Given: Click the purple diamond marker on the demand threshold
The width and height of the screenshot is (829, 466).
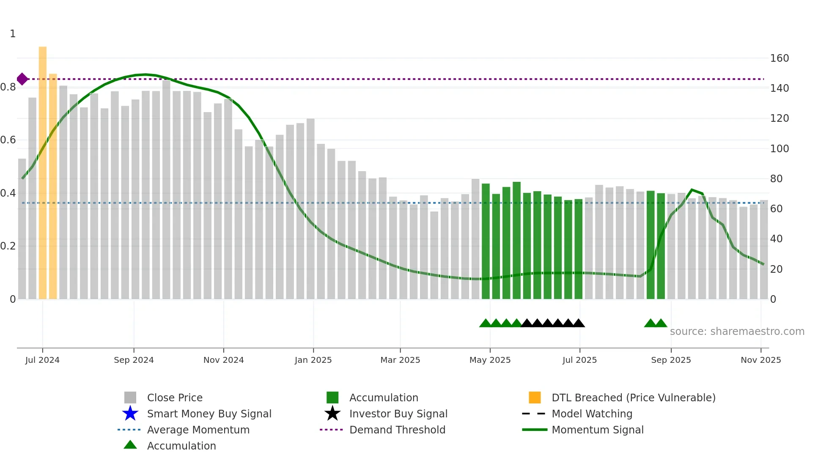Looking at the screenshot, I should [x=22, y=79].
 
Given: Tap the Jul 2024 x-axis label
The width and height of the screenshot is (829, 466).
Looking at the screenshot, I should [x=42, y=360].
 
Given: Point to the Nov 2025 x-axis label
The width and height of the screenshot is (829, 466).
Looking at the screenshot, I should [x=760, y=360].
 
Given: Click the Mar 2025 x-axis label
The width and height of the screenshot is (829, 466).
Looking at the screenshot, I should [x=400, y=360].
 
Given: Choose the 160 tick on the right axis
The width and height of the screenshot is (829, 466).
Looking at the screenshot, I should [x=779, y=58].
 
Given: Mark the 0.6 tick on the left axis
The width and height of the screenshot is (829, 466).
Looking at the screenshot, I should [x=8, y=140].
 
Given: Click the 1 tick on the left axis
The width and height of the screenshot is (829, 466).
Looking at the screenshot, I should [x=13, y=34].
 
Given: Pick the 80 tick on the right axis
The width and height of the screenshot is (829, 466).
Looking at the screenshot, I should [x=776, y=179].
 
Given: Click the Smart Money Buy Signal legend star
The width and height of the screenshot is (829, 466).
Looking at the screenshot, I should [x=130, y=414].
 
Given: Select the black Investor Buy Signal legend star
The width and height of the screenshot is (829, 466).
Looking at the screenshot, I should [x=332, y=414].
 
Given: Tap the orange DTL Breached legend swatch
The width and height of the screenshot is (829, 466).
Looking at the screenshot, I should [x=535, y=397].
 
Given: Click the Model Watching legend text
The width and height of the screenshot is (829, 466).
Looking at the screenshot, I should [x=592, y=414].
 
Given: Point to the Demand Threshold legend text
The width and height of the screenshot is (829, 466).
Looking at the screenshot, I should [x=397, y=430].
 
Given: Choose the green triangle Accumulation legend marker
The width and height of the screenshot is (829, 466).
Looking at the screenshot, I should [x=130, y=445].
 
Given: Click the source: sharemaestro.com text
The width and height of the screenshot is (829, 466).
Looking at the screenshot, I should [x=737, y=332].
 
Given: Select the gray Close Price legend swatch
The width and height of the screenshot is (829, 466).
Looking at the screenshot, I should [x=130, y=397].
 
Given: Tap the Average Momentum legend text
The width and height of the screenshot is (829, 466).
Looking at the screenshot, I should [x=198, y=430].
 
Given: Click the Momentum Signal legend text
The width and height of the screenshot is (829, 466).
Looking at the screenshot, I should [x=597, y=430].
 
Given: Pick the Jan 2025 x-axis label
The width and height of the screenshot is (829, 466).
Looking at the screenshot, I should [x=313, y=360].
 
